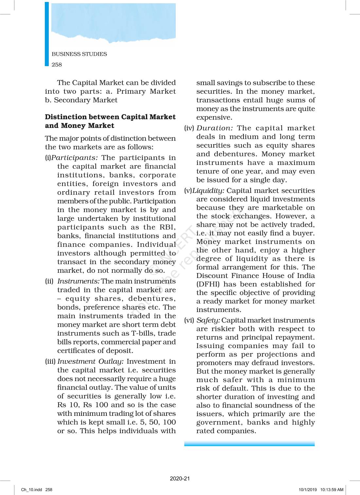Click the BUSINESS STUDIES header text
(x=79, y=54)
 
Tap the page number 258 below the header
(x=57, y=64)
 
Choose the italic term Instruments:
(x=78, y=281)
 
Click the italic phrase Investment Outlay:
(x=91, y=361)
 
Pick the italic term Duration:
(x=214, y=128)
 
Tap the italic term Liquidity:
(x=208, y=191)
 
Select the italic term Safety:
(x=208, y=320)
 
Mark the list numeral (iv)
(x=189, y=128)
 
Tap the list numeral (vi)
(x=189, y=320)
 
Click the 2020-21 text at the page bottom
(x=180, y=479)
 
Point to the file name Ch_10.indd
(x=32, y=490)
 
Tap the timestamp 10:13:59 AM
(x=332, y=490)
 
